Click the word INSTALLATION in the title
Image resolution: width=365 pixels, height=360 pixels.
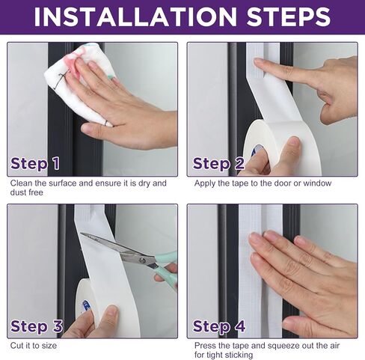pos(135,16)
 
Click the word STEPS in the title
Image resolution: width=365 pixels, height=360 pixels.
pos(289,16)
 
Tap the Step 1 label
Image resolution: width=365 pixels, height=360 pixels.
pos(35,164)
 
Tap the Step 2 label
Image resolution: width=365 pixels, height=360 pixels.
pos(218,164)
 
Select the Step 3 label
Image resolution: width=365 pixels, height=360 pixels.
pos(37,326)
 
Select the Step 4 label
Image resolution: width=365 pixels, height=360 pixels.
pos(219,326)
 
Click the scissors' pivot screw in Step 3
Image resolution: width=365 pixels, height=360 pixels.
pos(143,260)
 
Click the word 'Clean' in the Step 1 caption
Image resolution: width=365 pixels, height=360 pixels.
pos(21,183)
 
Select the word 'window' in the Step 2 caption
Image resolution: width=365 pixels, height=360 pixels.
pos(317,183)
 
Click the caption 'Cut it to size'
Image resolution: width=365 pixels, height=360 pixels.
pos(34,346)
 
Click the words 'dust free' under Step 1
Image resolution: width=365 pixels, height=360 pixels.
pos(27,192)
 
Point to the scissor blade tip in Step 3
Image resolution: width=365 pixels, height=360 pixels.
pos(82,234)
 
